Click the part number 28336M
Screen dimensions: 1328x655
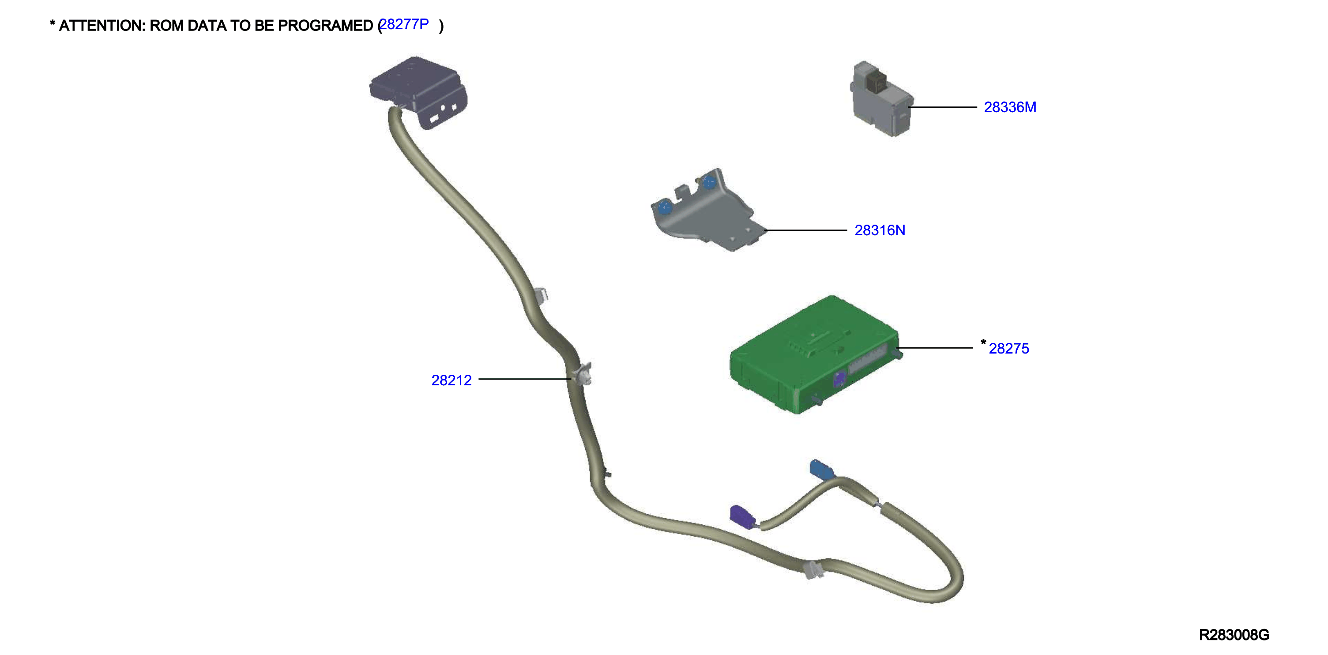tap(1009, 107)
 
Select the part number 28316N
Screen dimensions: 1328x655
tap(880, 230)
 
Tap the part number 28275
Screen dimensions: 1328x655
tap(1008, 349)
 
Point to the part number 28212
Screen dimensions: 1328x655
tap(451, 380)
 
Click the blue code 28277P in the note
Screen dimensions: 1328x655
tap(404, 24)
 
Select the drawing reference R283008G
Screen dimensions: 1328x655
tap(1234, 635)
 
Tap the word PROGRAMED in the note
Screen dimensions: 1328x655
tap(325, 26)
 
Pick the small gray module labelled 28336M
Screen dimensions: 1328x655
tap(880, 99)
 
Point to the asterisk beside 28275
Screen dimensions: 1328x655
tap(983, 342)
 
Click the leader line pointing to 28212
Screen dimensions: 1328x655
tap(525, 379)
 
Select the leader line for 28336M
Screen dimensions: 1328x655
tap(943, 107)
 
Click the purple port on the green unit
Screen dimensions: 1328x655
tap(839, 379)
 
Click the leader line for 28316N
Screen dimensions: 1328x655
tap(806, 230)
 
